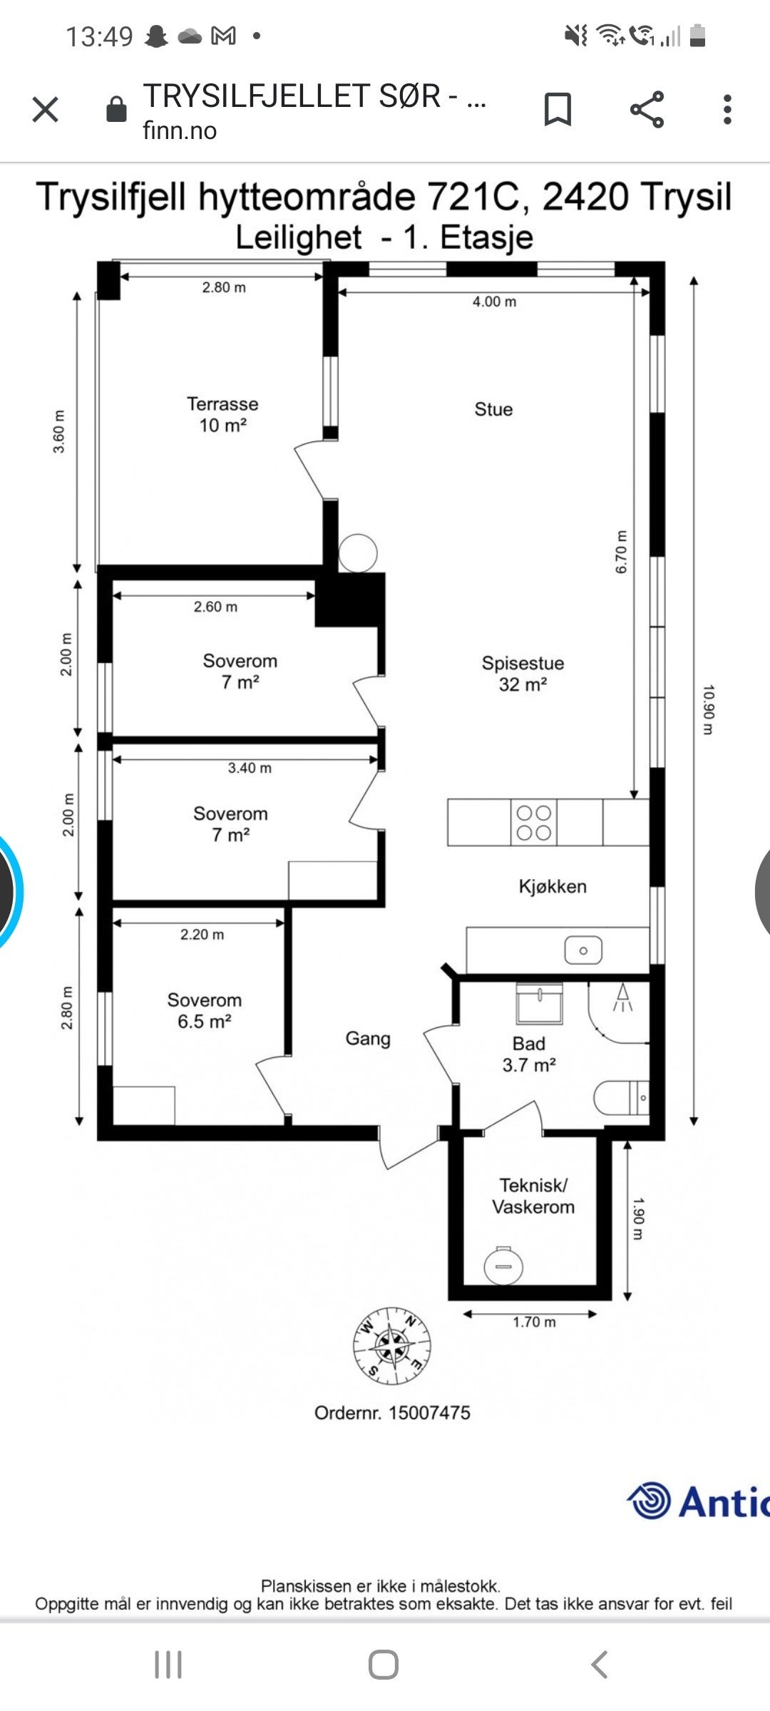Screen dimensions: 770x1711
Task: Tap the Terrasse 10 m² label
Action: [x=222, y=414]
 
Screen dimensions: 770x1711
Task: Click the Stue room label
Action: [x=493, y=409]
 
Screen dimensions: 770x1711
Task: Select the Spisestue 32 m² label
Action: [x=523, y=673]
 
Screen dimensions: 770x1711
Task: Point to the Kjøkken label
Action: [x=553, y=886]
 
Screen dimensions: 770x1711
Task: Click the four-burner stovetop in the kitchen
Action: [x=534, y=823]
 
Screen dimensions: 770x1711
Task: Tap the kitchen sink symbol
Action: [x=583, y=950]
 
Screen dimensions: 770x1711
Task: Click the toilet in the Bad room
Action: [x=622, y=1098]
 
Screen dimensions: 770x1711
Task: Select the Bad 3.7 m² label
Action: [x=529, y=1054]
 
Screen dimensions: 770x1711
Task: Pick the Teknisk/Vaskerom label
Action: [x=533, y=1196]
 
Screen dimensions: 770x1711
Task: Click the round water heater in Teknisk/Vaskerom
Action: [x=503, y=1265]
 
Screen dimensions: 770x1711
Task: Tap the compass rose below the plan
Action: [x=392, y=1346]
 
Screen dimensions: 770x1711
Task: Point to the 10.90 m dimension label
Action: [x=707, y=709]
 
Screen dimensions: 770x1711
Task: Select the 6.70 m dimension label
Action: [x=621, y=551]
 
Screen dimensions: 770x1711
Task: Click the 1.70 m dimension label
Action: [x=534, y=1322]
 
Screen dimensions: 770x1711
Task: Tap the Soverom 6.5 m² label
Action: [x=205, y=1010]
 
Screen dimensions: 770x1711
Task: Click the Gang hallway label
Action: [x=368, y=1039]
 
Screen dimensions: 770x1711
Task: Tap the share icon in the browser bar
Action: [x=647, y=110]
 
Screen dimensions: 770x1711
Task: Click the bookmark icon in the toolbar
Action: [x=558, y=110]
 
